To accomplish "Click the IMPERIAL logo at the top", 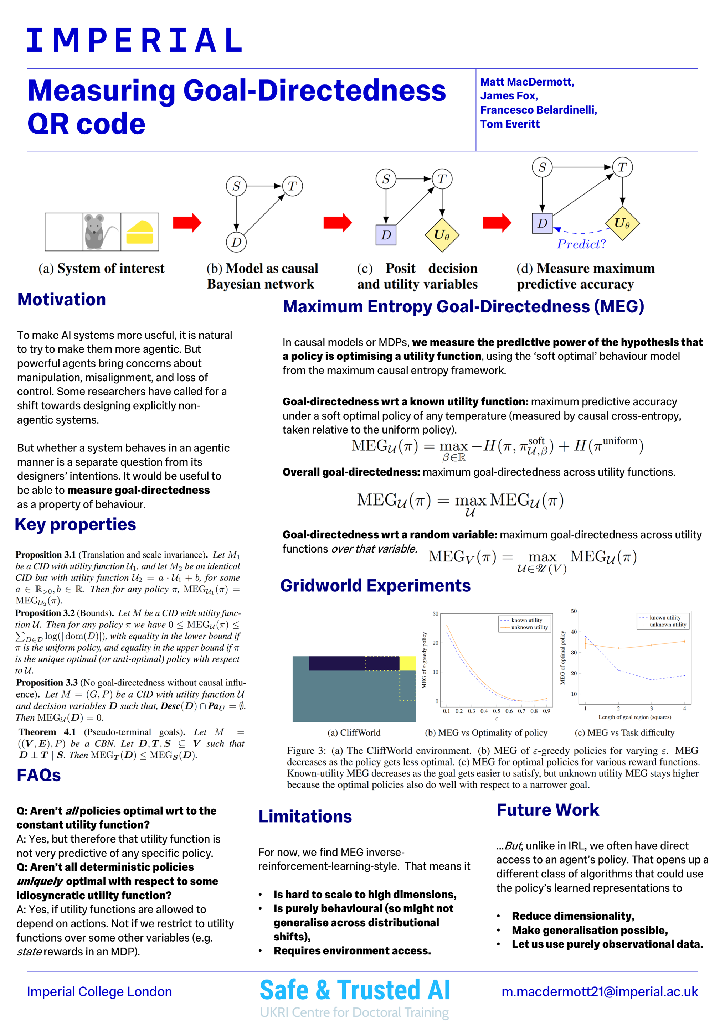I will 134,40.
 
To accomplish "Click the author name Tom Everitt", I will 510,124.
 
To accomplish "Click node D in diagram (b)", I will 236,242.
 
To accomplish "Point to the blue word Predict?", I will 581,244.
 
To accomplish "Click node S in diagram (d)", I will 542,167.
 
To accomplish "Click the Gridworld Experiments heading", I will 375,585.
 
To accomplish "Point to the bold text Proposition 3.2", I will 45,613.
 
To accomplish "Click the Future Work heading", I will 547,810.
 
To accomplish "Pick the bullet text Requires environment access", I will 352,951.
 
